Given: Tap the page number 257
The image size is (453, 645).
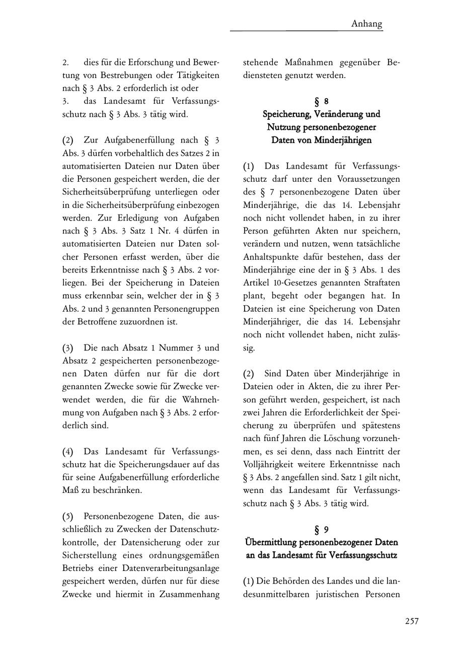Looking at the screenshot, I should [x=412, y=621].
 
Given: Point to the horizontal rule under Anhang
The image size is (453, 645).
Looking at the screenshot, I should [x=307, y=31].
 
